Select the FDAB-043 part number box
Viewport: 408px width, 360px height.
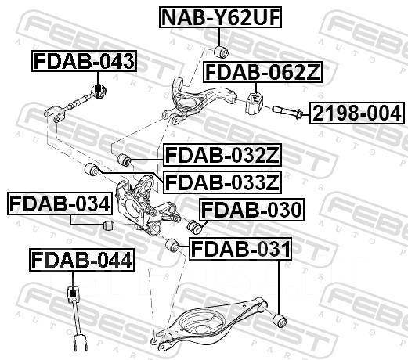pyautogui.click(x=83, y=59)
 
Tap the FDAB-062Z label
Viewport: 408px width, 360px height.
pyautogui.click(x=262, y=74)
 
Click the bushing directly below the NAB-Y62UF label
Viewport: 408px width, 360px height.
pyautogui.click(x=221, y=52)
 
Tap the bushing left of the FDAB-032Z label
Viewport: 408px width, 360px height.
pyautogui.click(x=122, y=160)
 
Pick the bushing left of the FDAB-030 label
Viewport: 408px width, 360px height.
pyautogui.click(x=197, y=227)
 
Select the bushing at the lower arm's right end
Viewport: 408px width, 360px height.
pyautogui.click(x=279, y=319)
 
